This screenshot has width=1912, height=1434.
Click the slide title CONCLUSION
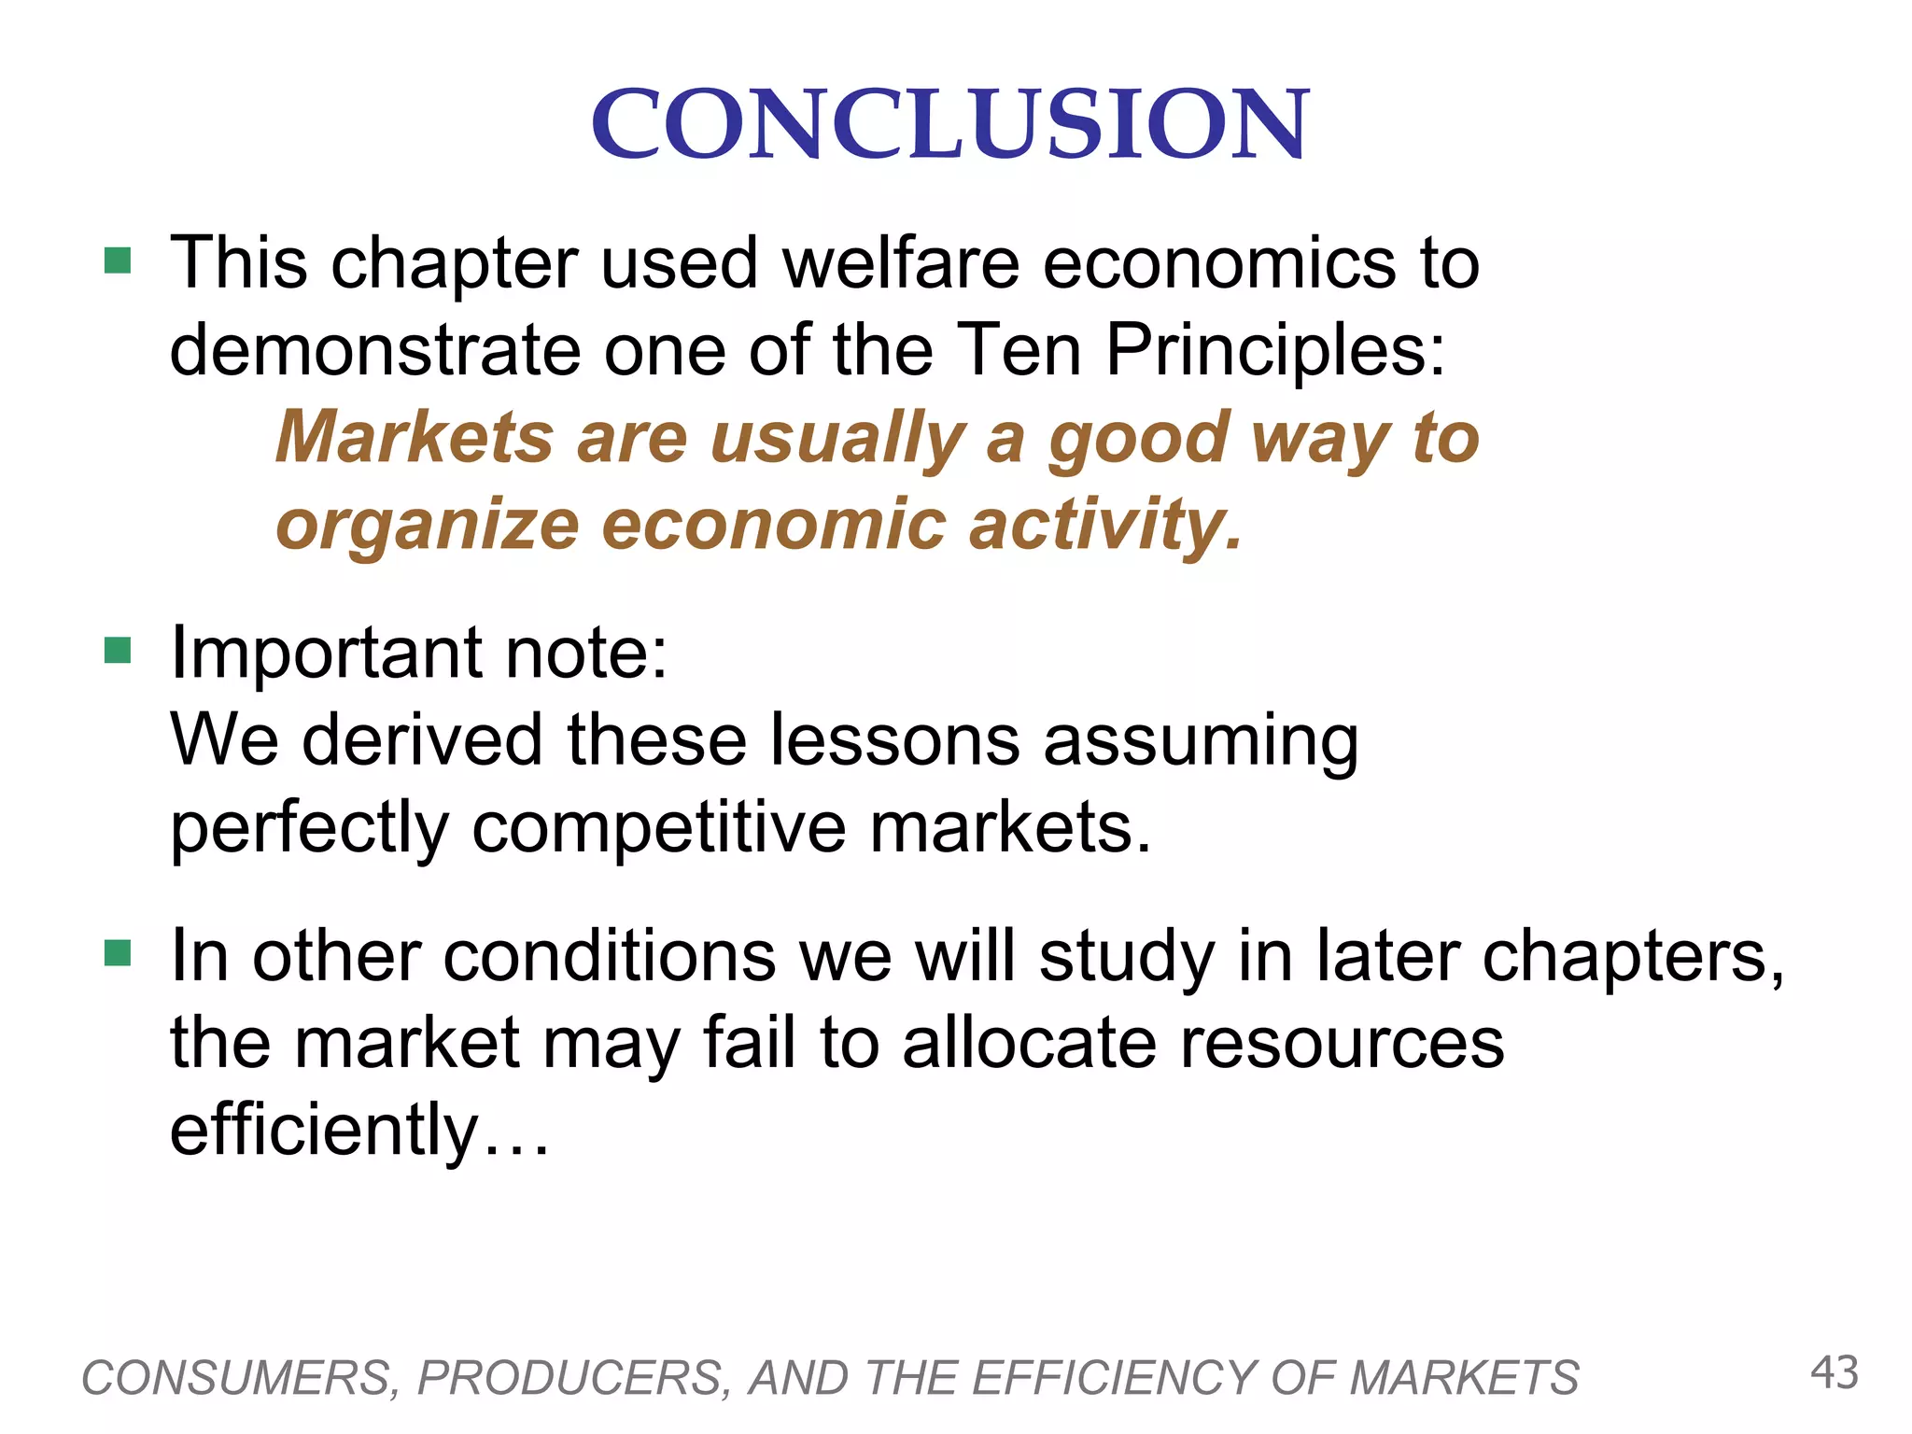[x=950, y=124]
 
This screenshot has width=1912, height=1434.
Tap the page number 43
[x=1835, y=1373]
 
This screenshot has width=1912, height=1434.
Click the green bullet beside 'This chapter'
[x=118, y=260]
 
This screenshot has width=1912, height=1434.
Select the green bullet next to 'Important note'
[x=118, y=650]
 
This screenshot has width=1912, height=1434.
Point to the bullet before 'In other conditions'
[x=118, y=954]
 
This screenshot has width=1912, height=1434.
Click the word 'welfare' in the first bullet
[x=901, y=263]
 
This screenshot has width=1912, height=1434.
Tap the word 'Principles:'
[x=1275, y=351]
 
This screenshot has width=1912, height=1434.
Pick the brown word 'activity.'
[x=1106, y=525]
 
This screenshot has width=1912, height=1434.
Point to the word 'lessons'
[x=896, y=740]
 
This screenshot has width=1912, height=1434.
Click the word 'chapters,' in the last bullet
[x=1633, y=958]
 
